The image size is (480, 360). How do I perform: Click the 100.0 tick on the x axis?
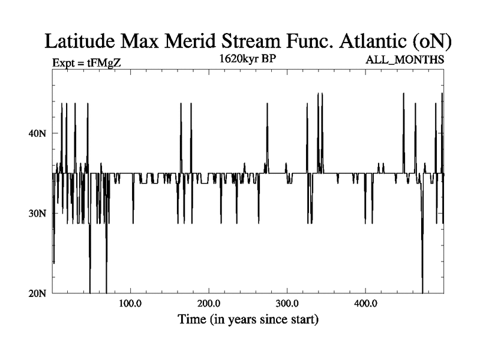130,303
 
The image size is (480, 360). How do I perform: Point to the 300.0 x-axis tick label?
287,303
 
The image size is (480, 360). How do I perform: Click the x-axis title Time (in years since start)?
248,319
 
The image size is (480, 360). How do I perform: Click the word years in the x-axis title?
254,319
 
